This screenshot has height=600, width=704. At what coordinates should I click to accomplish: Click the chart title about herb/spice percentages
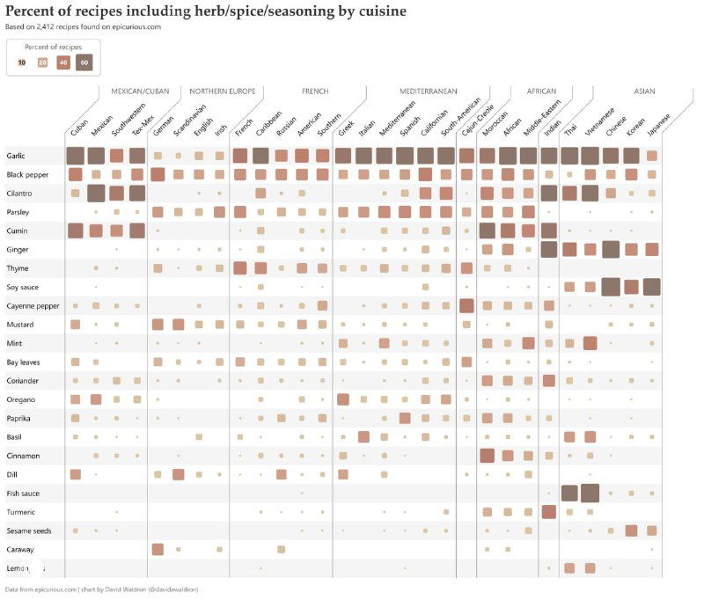[207, 11]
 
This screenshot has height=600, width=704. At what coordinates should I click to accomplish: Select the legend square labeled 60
[83, 62]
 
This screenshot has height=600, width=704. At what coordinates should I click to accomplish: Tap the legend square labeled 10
[22, 62]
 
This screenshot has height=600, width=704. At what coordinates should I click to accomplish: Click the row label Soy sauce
[23, 287]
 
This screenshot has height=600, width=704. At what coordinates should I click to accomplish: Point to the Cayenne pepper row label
[33, 305]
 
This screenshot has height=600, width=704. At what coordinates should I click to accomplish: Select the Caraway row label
[21, 549]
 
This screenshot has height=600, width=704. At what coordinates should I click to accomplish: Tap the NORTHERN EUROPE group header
[222, 91]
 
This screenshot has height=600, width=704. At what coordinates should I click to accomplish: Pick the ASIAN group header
[644, 91]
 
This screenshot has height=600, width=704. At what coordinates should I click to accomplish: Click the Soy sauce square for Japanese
[652, 287]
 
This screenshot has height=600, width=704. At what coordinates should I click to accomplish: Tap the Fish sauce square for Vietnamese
[590, 493]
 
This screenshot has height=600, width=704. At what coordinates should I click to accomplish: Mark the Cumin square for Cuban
[75, 230]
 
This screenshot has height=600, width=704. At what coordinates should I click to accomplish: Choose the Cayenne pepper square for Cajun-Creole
[466, 305]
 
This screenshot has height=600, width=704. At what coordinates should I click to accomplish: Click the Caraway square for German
[158, 549]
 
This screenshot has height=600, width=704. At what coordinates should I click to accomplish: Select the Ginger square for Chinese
[611, 249]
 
